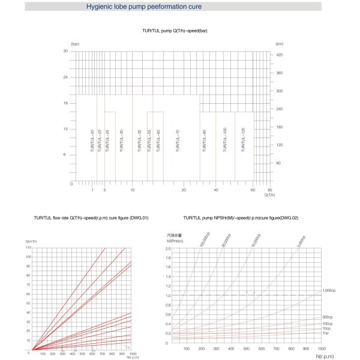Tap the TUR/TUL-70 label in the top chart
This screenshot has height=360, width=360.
click(x=178, y=142)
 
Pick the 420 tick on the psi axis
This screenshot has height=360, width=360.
click(x=279, y=55)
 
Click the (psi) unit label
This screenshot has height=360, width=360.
click(x=279, y=44)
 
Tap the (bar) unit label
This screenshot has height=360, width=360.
click(x=75, y=44)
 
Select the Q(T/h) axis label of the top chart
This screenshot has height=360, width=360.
click(x=269, y=195)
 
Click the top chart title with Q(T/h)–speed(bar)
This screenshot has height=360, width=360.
click(x=175, y=31)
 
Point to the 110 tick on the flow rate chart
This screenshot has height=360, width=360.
click(x=28, y=248)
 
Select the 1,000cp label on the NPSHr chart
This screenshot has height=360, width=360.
click(x=328, y=290)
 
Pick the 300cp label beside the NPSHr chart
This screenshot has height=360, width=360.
click(x=327, y=317)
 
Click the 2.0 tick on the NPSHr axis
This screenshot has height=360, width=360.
click(x=167, y=248)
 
